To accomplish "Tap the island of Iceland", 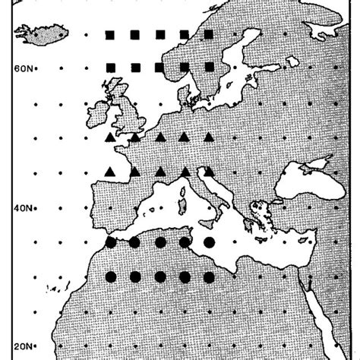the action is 47,33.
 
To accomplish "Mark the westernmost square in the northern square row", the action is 110,34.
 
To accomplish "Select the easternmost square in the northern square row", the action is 209,34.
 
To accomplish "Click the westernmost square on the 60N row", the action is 110,68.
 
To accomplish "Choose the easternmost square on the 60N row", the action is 209,68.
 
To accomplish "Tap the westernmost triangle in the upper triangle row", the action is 110,137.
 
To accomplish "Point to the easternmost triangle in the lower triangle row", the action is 209,172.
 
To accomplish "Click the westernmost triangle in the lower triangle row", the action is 110,172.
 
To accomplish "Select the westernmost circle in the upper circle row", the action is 110,242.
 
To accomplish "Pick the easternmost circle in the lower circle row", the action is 209,276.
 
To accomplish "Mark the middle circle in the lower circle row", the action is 159,276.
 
